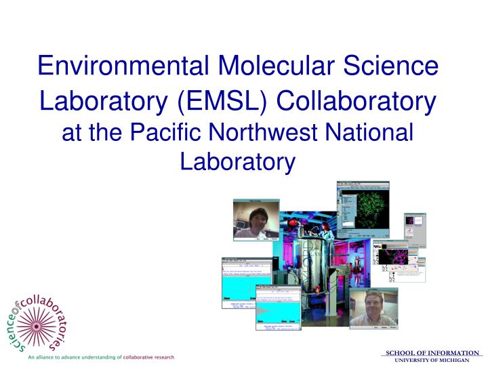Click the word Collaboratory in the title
(x=358, y=102)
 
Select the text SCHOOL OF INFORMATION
(x=432, y=352)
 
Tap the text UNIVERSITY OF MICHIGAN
(x=432, y=359)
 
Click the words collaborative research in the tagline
(x=148, y=357)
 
